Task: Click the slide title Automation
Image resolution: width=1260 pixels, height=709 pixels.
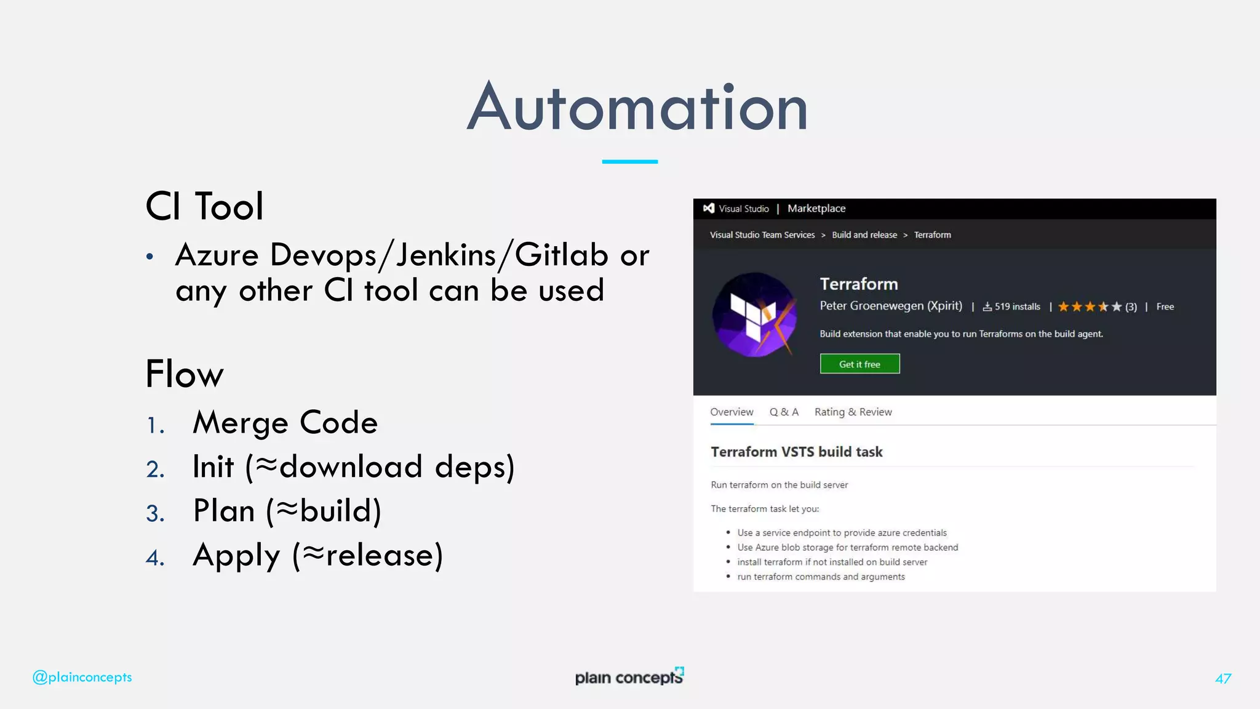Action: [637, 108]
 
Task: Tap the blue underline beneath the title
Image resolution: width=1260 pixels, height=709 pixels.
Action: [629, 162]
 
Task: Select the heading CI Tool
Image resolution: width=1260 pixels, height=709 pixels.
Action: [204, 206]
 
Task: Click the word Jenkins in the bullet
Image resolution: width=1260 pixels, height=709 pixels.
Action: [446, 255]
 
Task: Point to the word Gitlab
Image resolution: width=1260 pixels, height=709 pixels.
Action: [561, 255]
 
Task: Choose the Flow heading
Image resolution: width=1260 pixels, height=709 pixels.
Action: [185, 374]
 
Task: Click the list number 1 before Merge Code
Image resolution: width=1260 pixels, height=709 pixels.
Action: [155, 425]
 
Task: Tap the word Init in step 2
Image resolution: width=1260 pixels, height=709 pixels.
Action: [213, 467]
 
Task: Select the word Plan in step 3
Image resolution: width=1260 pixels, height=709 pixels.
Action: [224, 511]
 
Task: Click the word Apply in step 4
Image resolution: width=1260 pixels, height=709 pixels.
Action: [236, 556]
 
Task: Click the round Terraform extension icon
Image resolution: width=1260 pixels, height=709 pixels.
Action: [755, 315]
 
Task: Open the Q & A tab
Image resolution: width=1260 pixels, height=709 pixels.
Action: [784, 412]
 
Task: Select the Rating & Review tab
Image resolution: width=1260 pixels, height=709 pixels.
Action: [853, 412]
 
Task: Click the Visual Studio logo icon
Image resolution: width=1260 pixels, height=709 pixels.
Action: [709, 209]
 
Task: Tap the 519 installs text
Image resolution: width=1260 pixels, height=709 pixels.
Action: [1017, 306]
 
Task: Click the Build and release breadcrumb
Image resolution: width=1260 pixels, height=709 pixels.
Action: [864, 235]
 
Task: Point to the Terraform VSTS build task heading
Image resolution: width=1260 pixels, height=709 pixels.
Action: [796, 452]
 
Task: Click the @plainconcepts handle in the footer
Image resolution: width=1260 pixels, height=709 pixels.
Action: [82, 677]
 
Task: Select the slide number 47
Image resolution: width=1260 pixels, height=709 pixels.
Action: [1223, 678]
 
